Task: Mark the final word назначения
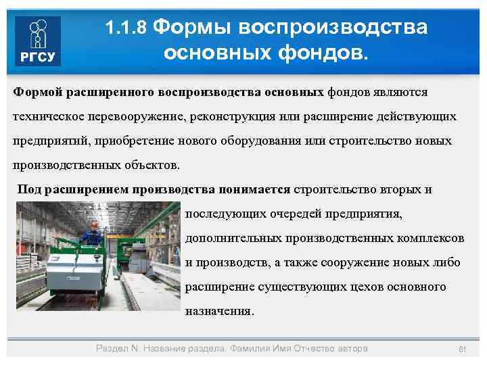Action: (x=219, y=312)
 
